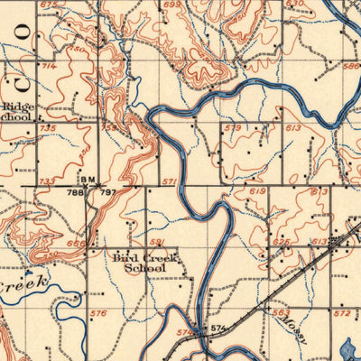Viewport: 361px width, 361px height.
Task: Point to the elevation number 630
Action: coord(295,4)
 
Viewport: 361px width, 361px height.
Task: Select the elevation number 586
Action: coord(350,66)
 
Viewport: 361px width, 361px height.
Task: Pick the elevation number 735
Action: coord(48,129)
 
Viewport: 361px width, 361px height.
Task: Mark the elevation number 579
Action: coord(233,129)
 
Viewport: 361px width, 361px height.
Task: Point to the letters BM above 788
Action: coord(87,180)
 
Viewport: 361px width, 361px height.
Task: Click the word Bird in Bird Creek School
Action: coord(125,258)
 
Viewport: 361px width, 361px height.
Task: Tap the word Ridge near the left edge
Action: coord(17,105)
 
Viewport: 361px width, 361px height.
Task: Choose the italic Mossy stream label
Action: coord(290,324)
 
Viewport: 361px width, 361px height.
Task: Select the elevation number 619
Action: coord(257,191)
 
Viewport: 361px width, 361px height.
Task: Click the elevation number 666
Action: coord(76,244)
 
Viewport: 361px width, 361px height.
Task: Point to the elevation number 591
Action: coord(157,242)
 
